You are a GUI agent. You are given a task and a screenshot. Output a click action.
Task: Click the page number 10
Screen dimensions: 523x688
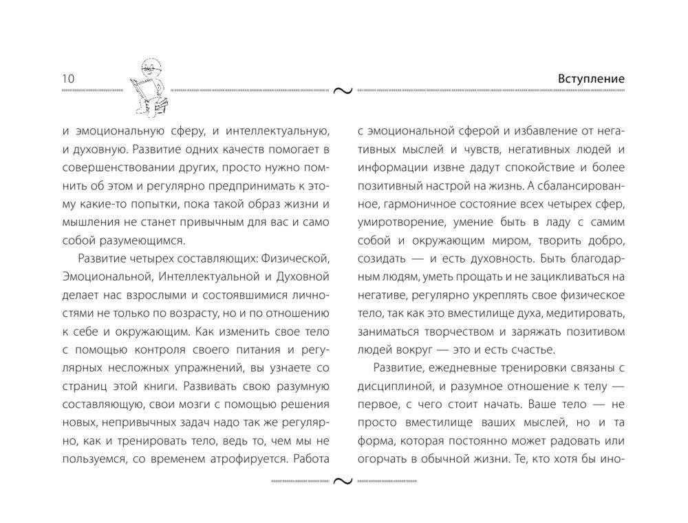[67, 79]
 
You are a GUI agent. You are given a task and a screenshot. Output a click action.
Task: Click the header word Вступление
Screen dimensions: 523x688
[591, 79]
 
